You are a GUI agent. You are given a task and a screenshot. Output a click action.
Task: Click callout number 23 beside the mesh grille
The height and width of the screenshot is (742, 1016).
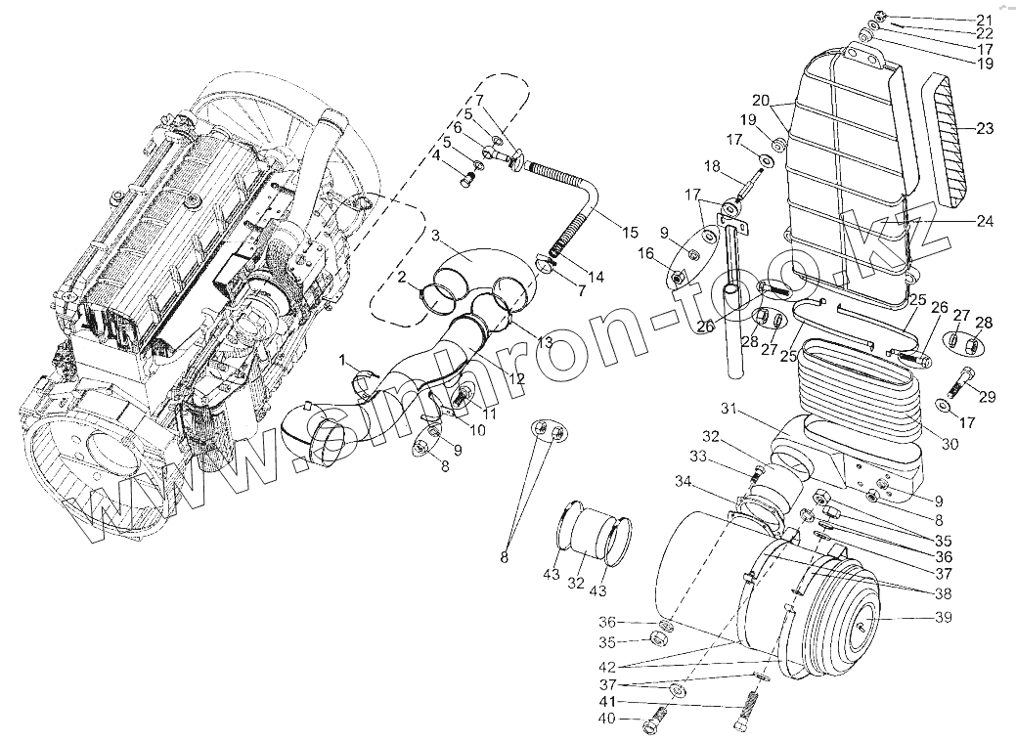point(984,128)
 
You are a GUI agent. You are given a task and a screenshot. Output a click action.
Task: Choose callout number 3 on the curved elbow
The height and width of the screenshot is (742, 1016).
point(436,237)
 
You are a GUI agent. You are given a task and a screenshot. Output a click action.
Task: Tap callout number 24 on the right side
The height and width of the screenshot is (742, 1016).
point(984,222)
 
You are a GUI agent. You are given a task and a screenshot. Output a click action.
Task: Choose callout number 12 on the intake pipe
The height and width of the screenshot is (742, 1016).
point(516,378)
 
